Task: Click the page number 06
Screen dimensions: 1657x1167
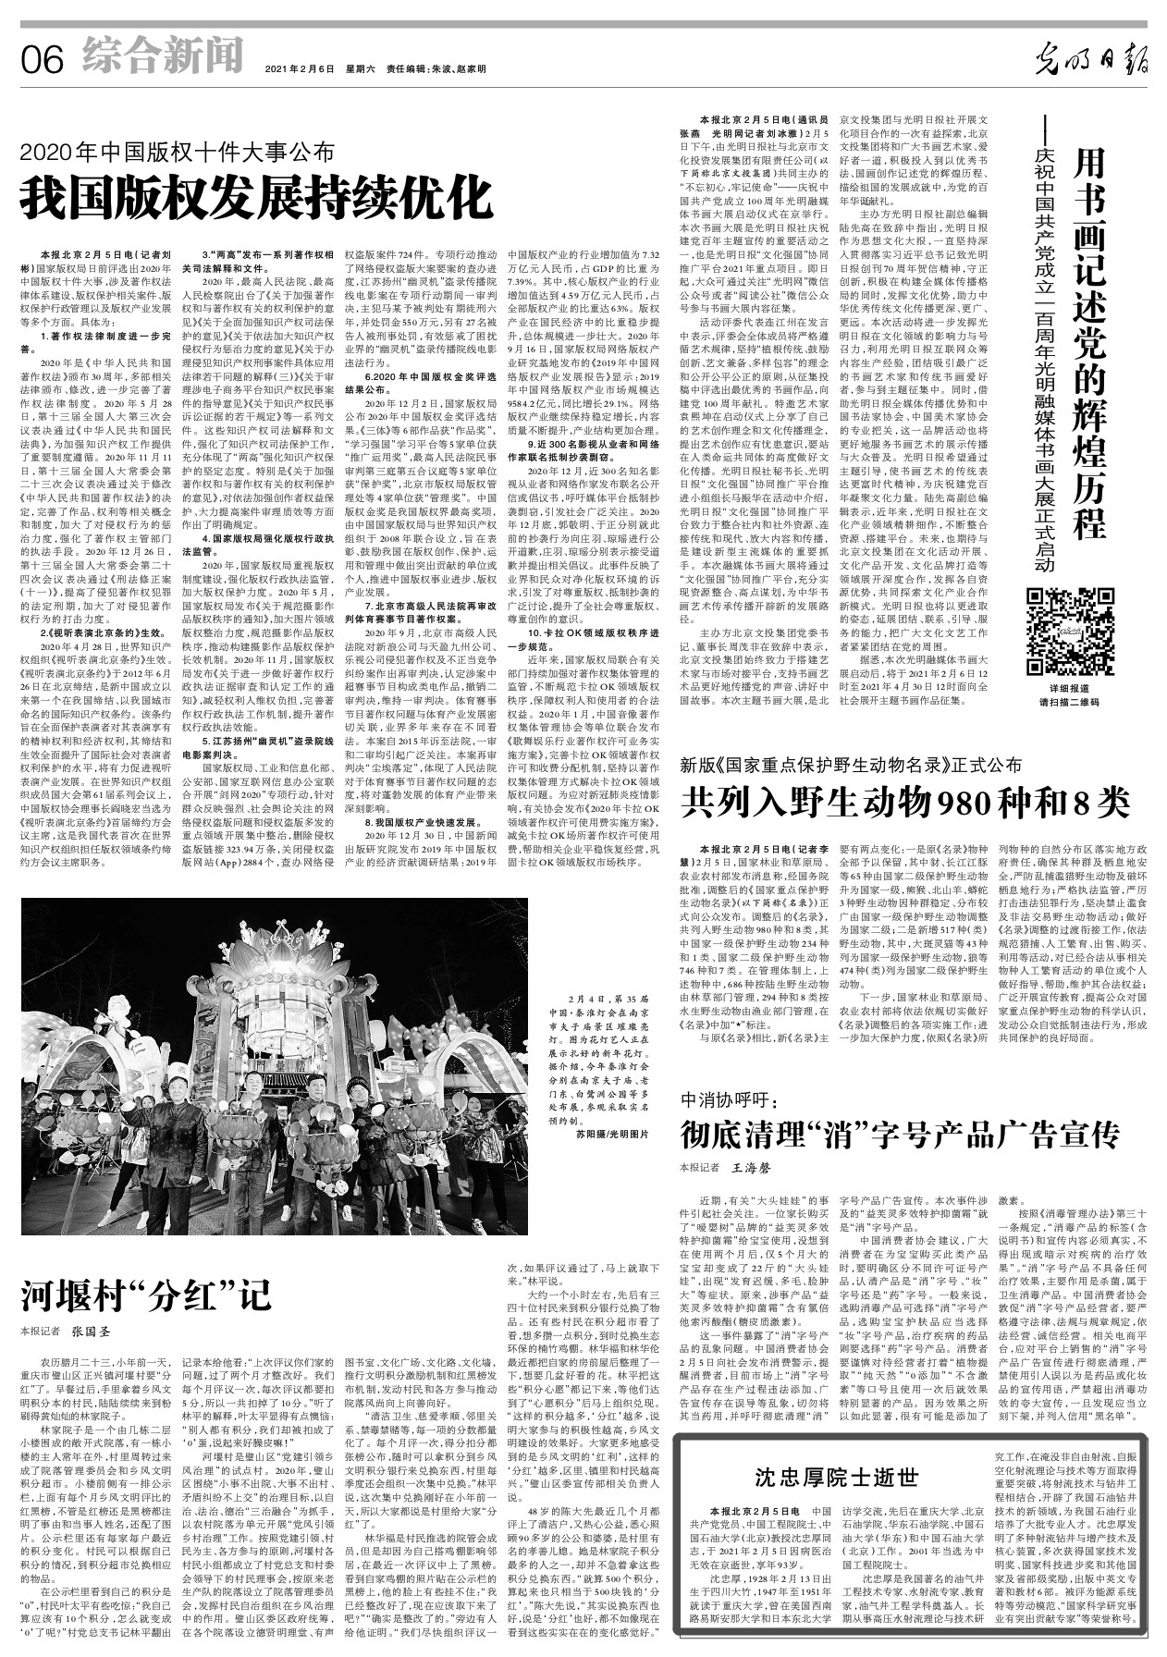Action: [x=42, y=60]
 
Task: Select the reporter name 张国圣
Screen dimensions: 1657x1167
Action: [x=91, y=1332]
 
